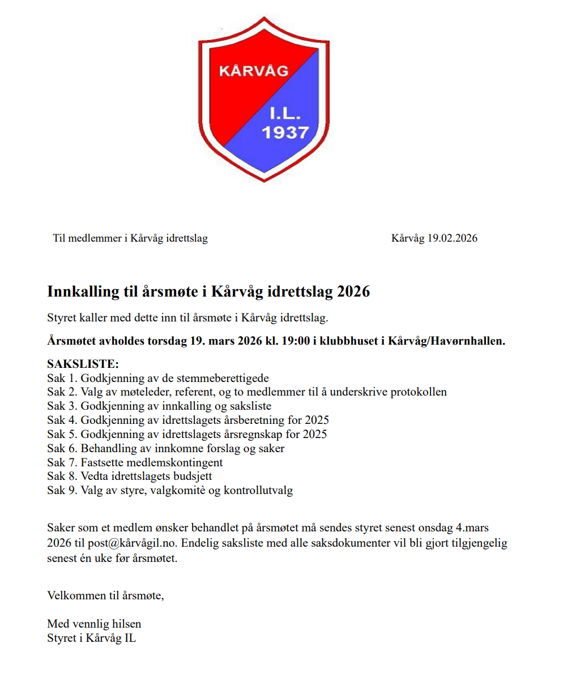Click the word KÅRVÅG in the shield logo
coord(253,71)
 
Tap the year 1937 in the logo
coord(285,132)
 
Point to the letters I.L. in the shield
coord(285,113)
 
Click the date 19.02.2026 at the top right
coord(452,238)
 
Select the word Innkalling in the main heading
coord(83,291)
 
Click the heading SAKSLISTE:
coord(83,364)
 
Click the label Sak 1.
coord(62,378)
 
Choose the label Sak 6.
coord(62,449)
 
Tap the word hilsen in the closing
coord(126,624)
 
